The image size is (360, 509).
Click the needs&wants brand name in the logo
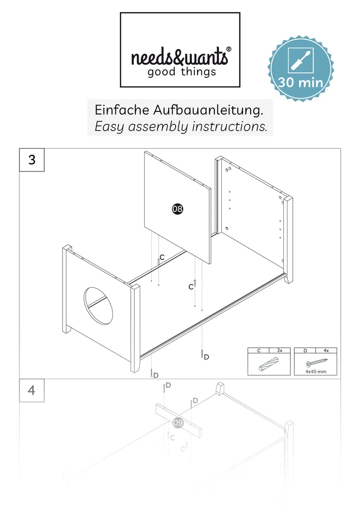179,56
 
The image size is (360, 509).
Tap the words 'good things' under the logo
182,72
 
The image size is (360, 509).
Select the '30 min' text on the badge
301,82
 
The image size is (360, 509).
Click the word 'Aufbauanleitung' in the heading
208,110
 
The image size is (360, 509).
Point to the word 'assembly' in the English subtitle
158,127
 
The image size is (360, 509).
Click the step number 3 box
32,160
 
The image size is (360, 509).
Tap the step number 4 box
32,390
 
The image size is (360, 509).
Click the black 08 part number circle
178,209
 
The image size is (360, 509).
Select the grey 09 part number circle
178,423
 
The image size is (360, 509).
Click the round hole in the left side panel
98,306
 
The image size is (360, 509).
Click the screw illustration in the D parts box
317,362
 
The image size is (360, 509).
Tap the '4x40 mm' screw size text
316,371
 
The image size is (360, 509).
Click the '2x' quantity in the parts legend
279,350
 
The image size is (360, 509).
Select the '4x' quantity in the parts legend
326,350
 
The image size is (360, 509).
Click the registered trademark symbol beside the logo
229,49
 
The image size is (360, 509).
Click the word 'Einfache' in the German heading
122,110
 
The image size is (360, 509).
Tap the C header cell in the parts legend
259,350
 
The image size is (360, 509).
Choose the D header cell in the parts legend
305,350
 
